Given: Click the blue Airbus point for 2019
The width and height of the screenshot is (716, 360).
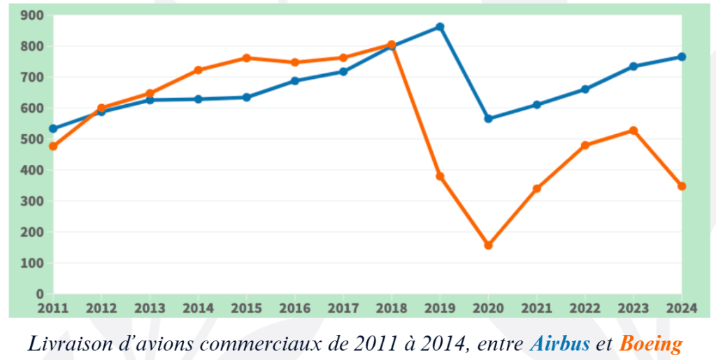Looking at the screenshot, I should [x=440, y=27].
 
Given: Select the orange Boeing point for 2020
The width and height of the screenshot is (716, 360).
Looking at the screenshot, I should [x=488, y=245].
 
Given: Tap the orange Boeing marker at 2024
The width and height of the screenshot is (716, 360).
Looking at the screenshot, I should [x=682, y=186].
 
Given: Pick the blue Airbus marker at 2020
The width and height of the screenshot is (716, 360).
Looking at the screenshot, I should [x=488, y=119].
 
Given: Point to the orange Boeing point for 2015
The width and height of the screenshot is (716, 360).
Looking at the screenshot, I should [x=246, y=58].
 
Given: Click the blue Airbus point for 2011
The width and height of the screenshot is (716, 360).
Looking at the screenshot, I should [x=53, y=129].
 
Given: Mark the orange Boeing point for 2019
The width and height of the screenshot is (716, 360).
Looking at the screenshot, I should [x=440, y=176].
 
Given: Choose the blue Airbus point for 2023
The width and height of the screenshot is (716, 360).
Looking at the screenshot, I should [x=633, y=66].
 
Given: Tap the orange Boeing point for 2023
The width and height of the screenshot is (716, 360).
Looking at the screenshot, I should [x=633, y=131].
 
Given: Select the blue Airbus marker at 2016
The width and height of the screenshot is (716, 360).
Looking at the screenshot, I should [x=294, y=81].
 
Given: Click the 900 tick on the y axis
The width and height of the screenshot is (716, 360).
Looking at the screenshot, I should [x=33, y=15].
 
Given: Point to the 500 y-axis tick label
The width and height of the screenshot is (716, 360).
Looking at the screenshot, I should [x=33, y=139].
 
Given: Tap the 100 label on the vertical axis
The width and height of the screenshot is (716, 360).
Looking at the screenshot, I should [x=33, y=263].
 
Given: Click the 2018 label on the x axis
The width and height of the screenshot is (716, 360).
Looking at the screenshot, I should [x=392, y=308].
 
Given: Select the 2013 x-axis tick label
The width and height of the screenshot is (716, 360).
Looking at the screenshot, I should [x=150, y=308].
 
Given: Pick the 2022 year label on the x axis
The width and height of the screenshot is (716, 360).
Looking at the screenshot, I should [x=585, y=308].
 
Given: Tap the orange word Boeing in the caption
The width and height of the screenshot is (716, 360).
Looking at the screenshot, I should [x=651, y=344].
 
